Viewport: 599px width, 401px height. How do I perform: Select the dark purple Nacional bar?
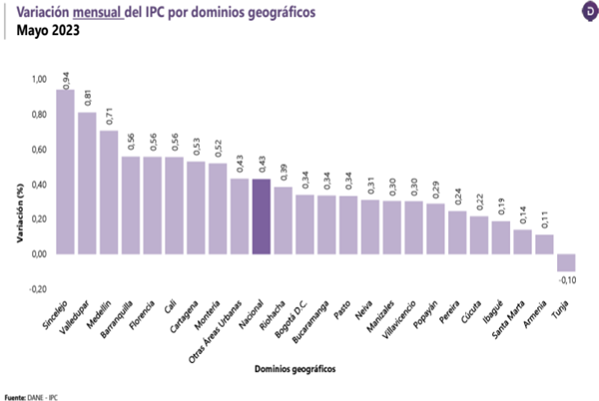coord(261,216)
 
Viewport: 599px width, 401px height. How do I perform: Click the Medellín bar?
coord(109,192)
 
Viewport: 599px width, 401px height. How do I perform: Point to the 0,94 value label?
coord(66,80)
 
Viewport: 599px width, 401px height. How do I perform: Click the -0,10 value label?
coord(567,282)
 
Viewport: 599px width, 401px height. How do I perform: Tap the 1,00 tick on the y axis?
coord(39,79)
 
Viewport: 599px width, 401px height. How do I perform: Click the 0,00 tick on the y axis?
coord(39,253)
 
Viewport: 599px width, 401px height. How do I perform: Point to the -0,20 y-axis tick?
coord(37,288)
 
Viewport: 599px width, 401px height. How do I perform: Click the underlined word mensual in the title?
coord(101,12)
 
